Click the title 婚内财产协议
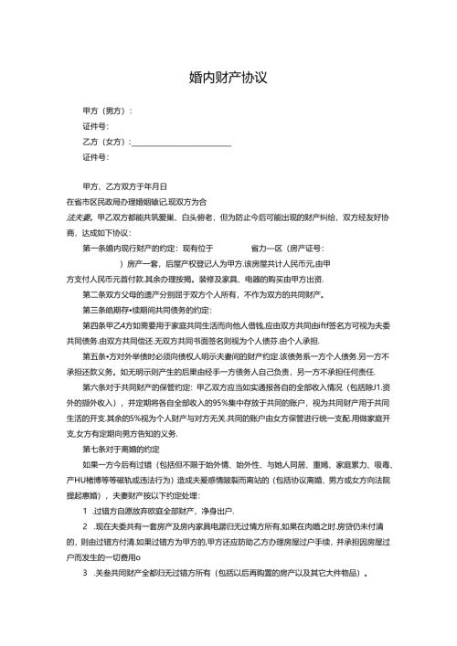click(x=228, y=78)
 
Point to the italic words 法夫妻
click(x=79, y=217)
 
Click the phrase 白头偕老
click(x=196, y=217)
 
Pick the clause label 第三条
click(x=95, y=311)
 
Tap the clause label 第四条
click(x=95, y=326)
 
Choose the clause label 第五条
click(x=95, y=357)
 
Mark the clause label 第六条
click(x=95, y=388)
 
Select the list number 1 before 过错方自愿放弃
click(x=85, y=513)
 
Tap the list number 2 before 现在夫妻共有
click(x=85, y=528)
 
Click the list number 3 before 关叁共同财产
click(x=85, y=575)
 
